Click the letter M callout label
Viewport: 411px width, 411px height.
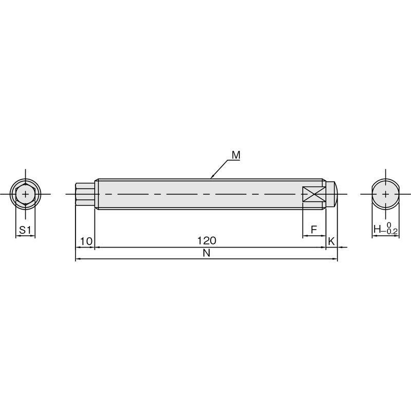pos(236,155)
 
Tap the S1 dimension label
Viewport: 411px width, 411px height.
pos(25,230)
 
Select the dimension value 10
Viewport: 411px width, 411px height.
pos(86,241)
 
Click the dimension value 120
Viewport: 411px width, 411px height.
pos(207,240)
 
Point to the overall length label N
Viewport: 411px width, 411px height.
pos(207,253)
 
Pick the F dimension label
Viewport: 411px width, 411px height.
pos(314,230)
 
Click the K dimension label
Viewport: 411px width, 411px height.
pos(331,241)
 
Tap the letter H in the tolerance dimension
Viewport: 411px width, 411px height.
pos(377,229)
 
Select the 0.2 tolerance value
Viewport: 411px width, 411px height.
pos(392,231)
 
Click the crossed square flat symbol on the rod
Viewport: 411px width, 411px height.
pos(314,194)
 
